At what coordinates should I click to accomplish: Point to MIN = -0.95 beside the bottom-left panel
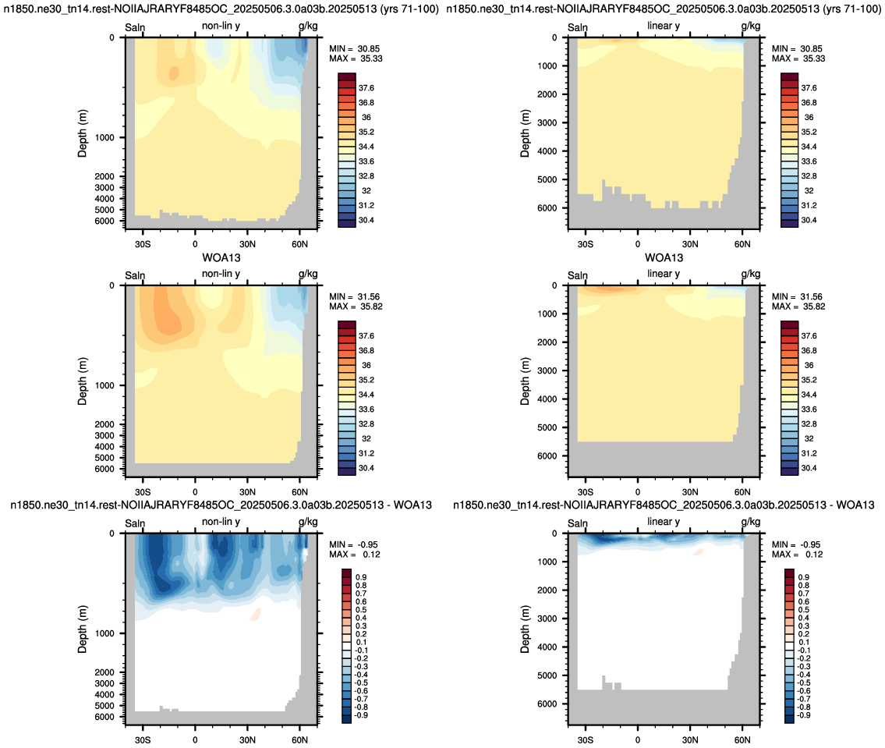coord(354,544)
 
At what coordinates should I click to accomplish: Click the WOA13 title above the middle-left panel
coord(221,258)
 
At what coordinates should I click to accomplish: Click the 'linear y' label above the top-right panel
coord(664,26)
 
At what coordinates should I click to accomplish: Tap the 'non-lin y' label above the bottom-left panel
coord(221,522)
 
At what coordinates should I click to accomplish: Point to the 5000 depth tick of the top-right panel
coord(547,179)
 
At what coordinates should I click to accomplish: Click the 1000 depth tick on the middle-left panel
coord(104,385)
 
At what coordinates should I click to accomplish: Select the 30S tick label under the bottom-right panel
coord(586,740)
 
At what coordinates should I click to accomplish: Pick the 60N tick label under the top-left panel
coord(299,244)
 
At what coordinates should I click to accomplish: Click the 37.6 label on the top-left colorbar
coord(366,88)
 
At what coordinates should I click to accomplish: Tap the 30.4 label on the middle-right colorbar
coord(809,468)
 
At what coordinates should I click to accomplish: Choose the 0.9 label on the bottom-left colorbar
coord(361,577)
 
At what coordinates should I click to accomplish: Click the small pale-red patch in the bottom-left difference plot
coord(256,614)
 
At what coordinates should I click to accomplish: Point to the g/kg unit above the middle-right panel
coord(751,274)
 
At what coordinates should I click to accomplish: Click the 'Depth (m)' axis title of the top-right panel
coord(526,133)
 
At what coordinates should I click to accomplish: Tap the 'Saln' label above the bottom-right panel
coord(578,523)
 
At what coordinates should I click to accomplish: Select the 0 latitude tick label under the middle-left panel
coord(195,492)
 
